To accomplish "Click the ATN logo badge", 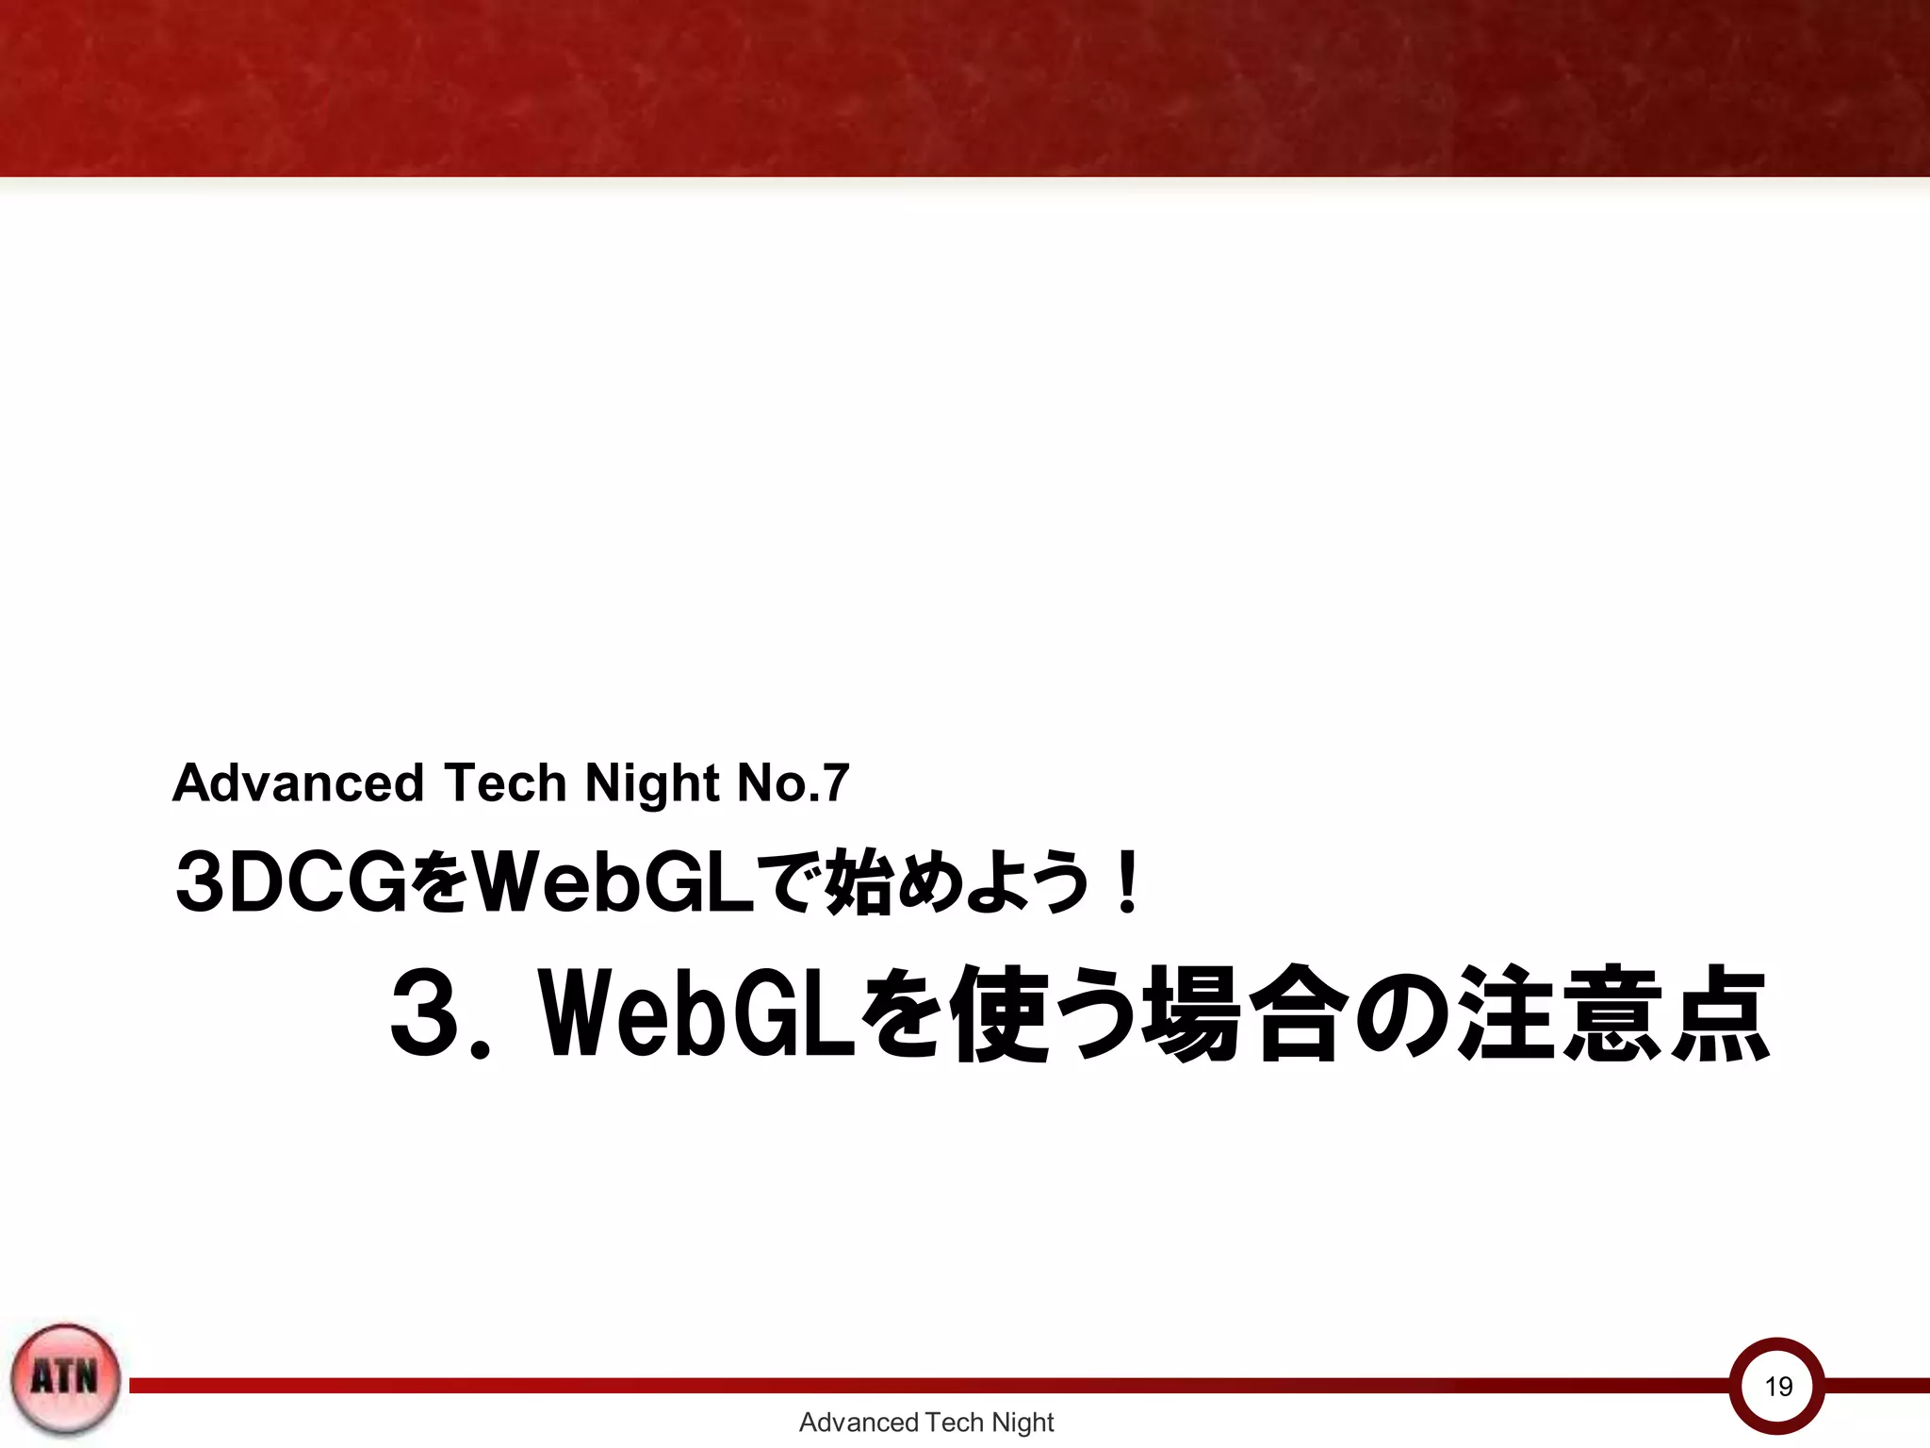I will pos(65,1377).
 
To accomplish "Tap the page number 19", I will pos(1777,1386).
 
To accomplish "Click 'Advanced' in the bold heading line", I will pos(298,782).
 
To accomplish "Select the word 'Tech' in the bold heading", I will pos(504,782).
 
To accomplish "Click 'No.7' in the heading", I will pos(793,782).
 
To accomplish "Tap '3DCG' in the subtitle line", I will pos(291,882).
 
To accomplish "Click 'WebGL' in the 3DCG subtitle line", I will pos(613,882).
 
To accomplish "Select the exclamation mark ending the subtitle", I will pos(1126,882).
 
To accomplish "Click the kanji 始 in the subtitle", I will pos(859,882).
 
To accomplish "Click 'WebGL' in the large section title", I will pos(697,1014).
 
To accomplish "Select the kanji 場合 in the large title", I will pos(1240,1014).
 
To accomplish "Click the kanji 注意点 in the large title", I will pos(1612,1014).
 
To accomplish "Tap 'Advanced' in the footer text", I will pos(859,1423).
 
